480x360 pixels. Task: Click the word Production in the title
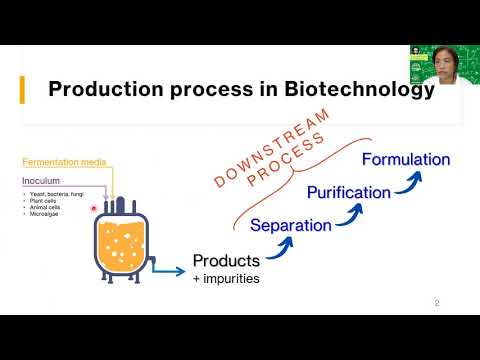109,90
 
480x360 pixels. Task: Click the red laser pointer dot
94,209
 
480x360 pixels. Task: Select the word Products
227,262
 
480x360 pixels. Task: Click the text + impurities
226,280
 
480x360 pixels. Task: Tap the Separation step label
290,225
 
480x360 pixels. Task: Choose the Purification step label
349,191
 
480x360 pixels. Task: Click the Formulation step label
406,159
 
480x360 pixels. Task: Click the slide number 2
436,303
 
